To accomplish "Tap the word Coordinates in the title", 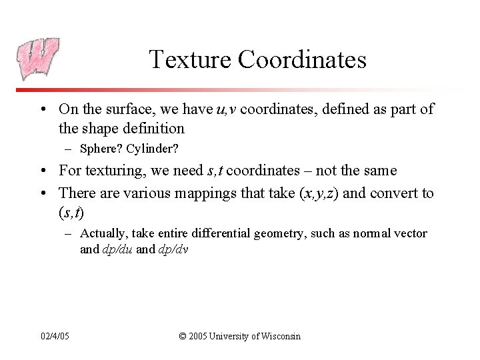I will pyautogui.click(x=302, y=59).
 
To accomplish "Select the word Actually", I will pyautogui.click(x=103, y=233).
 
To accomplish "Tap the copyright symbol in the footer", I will pyautogui.click(x=183, y=336).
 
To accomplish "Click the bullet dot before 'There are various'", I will pyautogui.click(x=45, y=193).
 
